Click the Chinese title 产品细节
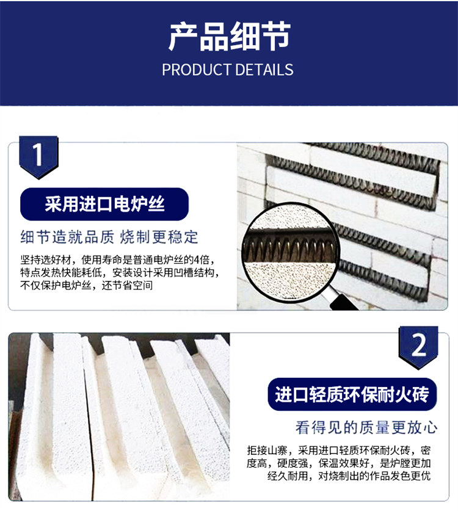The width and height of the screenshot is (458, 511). coord(229,36)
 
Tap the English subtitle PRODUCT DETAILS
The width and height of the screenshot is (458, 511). coord(228,70)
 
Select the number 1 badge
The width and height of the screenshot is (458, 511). coord(38,157)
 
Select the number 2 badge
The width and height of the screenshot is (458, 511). coord(418,347)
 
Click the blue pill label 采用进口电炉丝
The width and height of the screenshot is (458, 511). coord(104,205)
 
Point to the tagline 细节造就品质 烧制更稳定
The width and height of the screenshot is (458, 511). coord(109,237)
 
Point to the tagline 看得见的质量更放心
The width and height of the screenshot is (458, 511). coord(366,427)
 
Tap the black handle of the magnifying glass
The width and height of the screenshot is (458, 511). coord(343,302)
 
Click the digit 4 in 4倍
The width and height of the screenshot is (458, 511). coord(197,259)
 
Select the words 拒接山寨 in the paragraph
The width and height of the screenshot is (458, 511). coord(267,451)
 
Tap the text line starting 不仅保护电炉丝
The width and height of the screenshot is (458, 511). coord(86,286)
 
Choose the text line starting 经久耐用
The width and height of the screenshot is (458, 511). coord(349,476)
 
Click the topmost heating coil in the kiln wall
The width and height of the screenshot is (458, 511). coord(375,151)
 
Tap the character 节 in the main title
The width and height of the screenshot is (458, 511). coord(275,36)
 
